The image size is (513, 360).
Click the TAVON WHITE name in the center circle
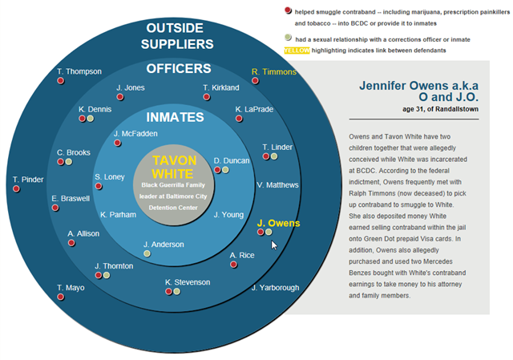(x=173, y=166)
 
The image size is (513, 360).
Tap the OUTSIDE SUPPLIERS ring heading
(x=180, y=36)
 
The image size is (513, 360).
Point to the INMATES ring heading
(x=175, y=117)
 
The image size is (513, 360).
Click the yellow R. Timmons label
(x=273, y=71)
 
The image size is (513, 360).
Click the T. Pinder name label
(x=28, y=180)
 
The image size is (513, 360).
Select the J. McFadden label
(x=135, y=134)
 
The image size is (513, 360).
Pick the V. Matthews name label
(x=277, y=185)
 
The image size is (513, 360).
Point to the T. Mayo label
(x=71, y=287)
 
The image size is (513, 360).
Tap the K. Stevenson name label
(x=188, y=282)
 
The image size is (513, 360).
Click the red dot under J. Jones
(x=120, y=97)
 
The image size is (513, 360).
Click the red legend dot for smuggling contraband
(x=288, y=10)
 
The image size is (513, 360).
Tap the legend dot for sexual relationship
(x=288, y=38)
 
